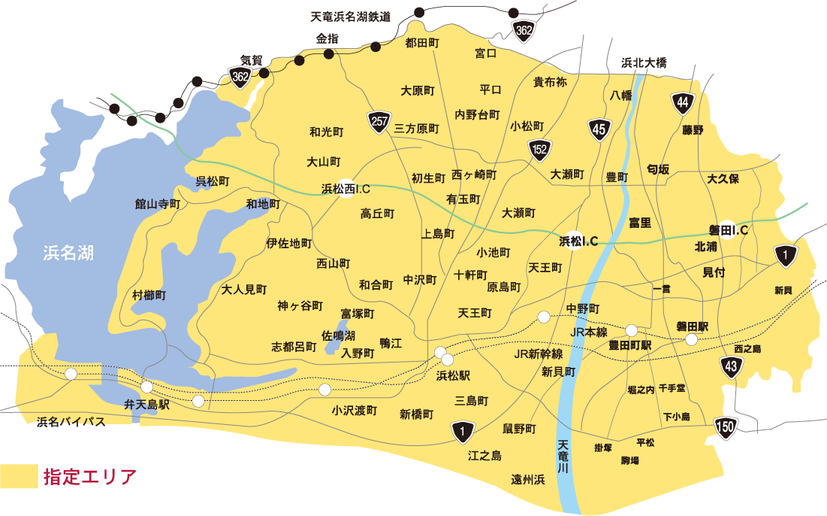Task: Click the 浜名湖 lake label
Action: coord(68,253)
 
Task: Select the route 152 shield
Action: coord(539,150)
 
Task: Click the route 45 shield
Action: coord(599,129)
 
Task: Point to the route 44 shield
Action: coord(682,103)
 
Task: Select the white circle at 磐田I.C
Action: coord(728,229)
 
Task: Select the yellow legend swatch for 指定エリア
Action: coord(19,476)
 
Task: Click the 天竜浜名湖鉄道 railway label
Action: coord(351,17)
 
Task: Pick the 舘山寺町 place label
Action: coord(158,204)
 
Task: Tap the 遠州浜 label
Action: coord(527,479)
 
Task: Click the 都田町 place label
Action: coord(421,43)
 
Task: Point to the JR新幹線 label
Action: coord(539,354)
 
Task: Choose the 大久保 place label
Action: coord(723,179)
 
